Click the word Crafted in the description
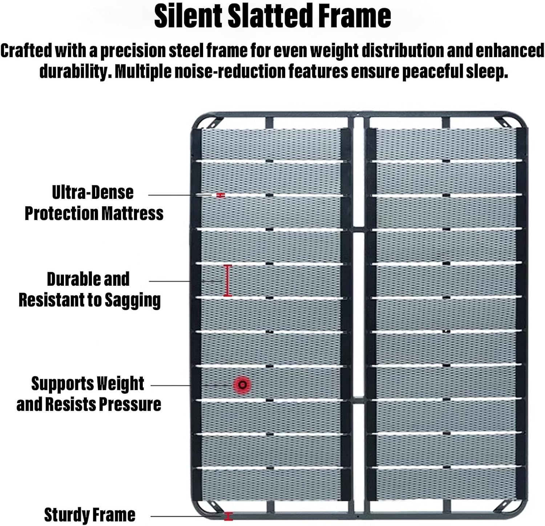pos(26,51)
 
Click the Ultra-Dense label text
pos(93,192)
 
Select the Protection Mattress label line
pos(94,213)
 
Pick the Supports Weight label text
pos(88,384)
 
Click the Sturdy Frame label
pos(89,515)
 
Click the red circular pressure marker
pos(242,385)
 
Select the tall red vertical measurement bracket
pos(228,280)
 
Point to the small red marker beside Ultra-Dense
pos(221,195)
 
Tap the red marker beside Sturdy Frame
pos(228,516)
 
